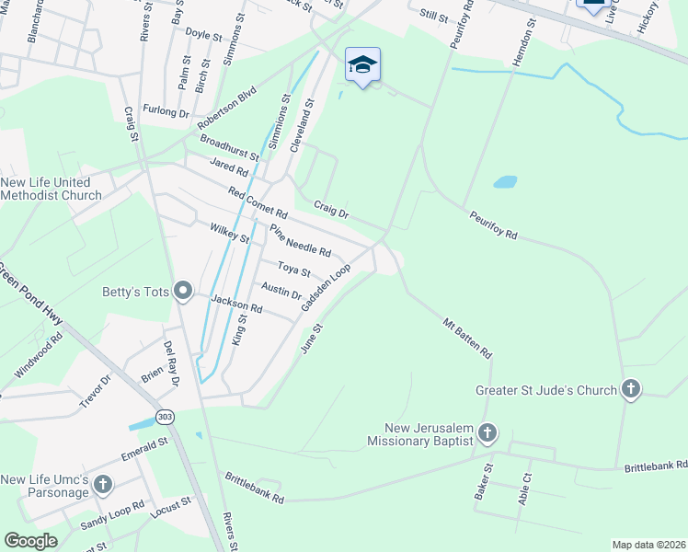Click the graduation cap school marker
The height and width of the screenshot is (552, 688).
tap(362, 64)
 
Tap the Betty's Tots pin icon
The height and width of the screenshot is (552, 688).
tap(183, 293)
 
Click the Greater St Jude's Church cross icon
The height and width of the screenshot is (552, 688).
tap(630, 389)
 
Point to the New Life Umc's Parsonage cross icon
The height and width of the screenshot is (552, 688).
tap(103, 484)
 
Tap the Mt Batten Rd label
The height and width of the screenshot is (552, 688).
tap(467, 338)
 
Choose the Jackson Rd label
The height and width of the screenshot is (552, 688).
tap(236, 304)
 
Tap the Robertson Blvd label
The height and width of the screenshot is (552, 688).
tap(226, 109)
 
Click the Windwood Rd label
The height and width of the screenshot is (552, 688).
tap(38, 354)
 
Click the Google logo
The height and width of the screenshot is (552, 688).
tap(31, 540)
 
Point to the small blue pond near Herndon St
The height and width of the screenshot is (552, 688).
tap(505, 181)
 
